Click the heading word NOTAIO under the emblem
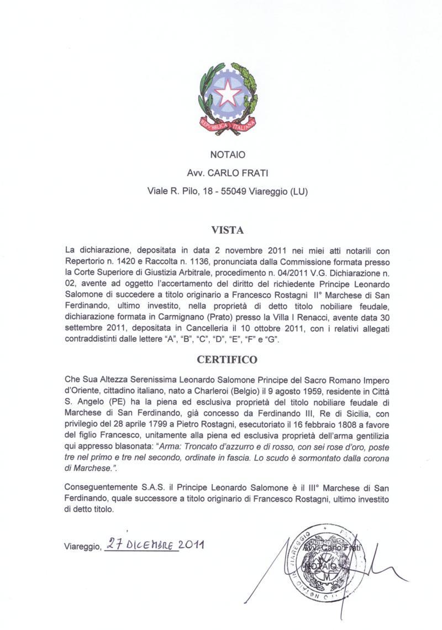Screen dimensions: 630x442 pos(228,155)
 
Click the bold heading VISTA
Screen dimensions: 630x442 pos(227,229)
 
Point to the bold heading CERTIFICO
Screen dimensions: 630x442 pos(227,360)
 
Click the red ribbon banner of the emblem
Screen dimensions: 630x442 pos(228,126)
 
